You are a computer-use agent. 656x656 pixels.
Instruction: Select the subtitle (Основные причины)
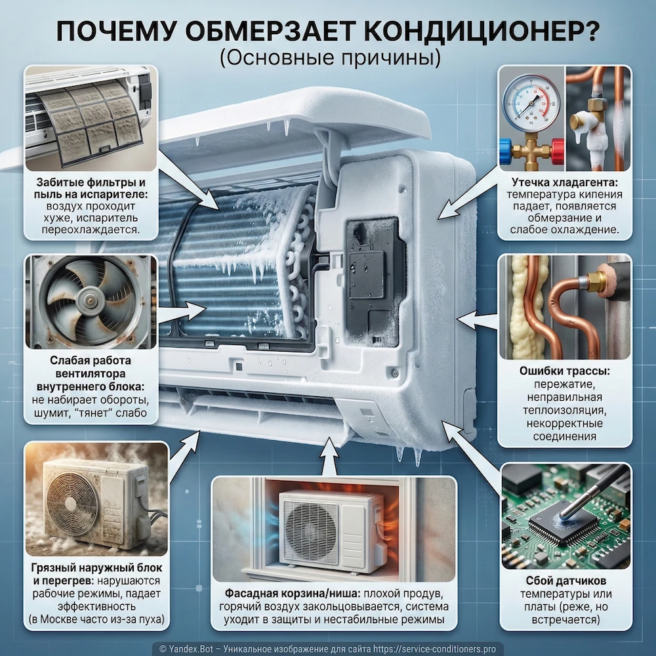click(x=327, y=58)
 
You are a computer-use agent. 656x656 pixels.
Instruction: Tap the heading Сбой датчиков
click(x=565, y=581)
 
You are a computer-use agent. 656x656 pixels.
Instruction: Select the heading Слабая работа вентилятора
click(x=91, y=373)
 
